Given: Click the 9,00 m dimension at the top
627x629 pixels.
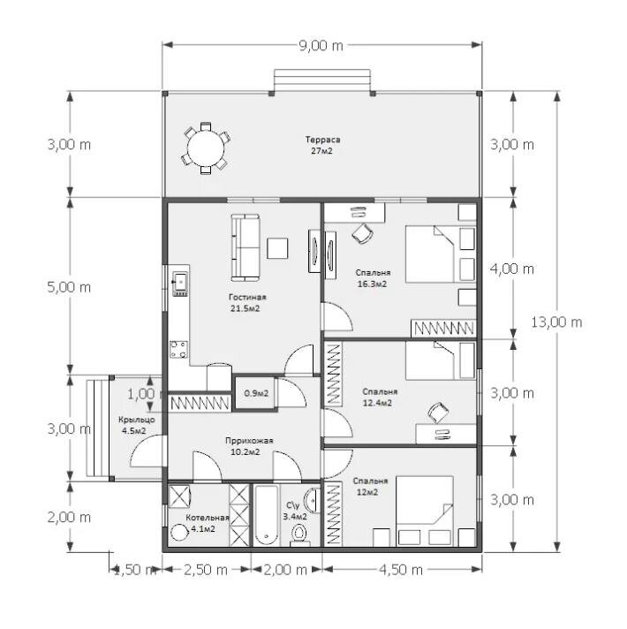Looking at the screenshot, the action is tap(321, 46).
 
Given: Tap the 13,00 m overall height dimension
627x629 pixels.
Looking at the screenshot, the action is tap(556, 322).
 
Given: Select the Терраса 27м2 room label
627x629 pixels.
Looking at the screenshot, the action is tap(322, 145).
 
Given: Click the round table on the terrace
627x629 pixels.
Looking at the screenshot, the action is tap(206, 148).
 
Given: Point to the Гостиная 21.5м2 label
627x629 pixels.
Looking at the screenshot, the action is tap(247, 303).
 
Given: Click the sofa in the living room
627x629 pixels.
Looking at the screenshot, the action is tap(246, 247).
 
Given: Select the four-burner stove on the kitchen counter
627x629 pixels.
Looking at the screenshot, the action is tap(178, 349).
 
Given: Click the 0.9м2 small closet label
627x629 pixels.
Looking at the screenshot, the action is tap(256, 393).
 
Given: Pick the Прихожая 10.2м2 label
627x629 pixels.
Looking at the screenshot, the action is tap(249, 446).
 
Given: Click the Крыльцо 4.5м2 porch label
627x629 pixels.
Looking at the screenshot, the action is tap(136, 425).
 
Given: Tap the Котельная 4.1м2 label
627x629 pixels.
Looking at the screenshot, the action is tap(207, 523).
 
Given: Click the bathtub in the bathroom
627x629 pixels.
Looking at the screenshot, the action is tap(266, 515).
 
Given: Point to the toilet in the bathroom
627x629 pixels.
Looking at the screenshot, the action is tap(298, 534).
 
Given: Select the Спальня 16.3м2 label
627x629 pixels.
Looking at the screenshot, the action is tap(373, 278).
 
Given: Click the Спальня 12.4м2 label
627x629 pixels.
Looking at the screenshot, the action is tap(379, 398).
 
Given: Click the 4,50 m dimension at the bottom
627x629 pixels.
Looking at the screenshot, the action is tap(401, 570).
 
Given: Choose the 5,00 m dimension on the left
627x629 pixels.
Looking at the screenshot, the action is tap(69, 287).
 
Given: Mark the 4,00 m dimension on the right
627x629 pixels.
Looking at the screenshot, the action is tap(512, 269).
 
